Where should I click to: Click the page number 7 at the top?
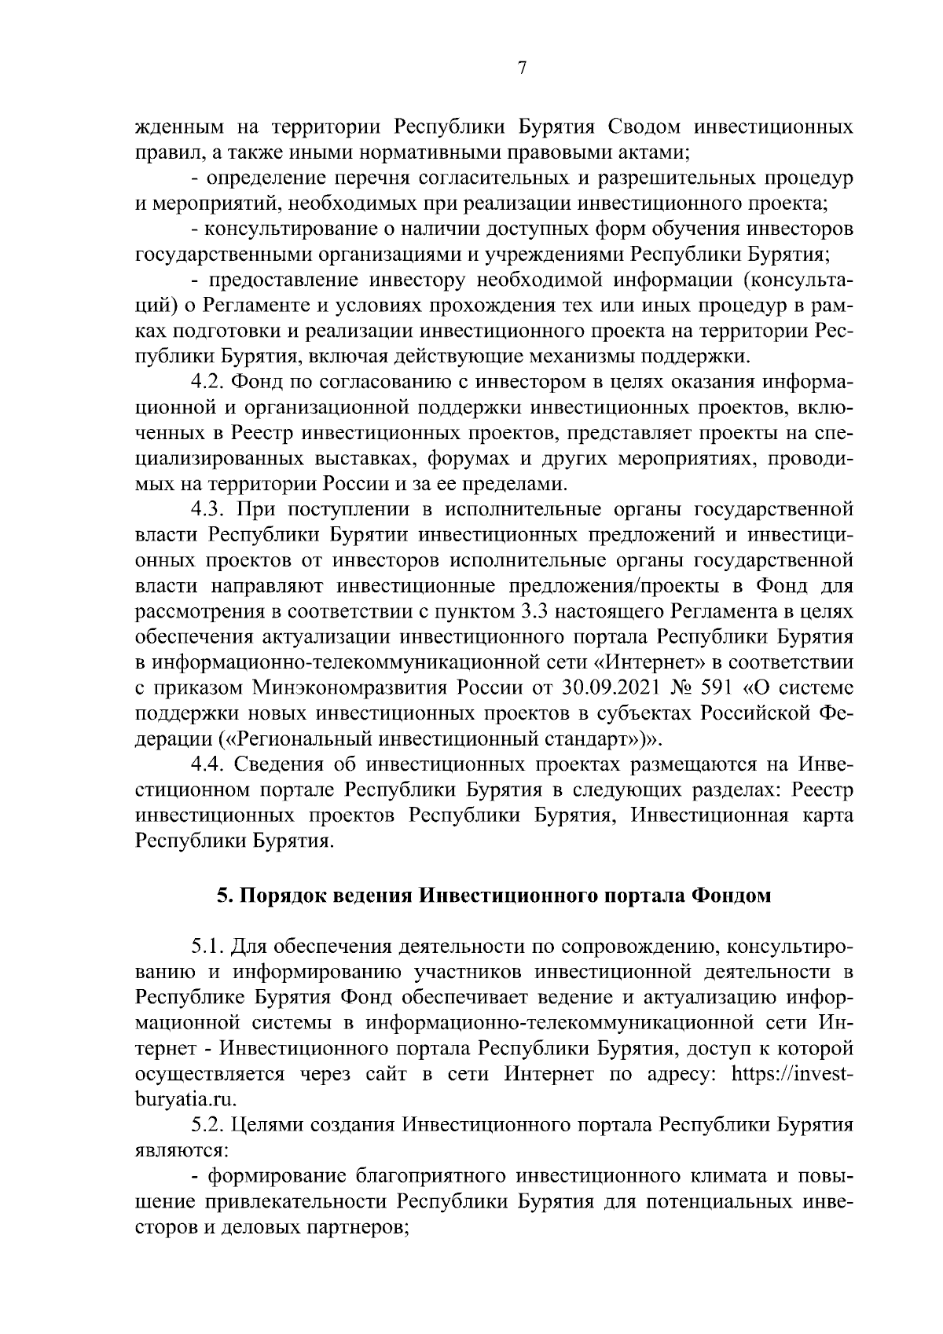tap(522, 68)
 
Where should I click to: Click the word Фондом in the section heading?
tap(731, 896)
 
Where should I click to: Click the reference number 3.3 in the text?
tap(516, 612)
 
